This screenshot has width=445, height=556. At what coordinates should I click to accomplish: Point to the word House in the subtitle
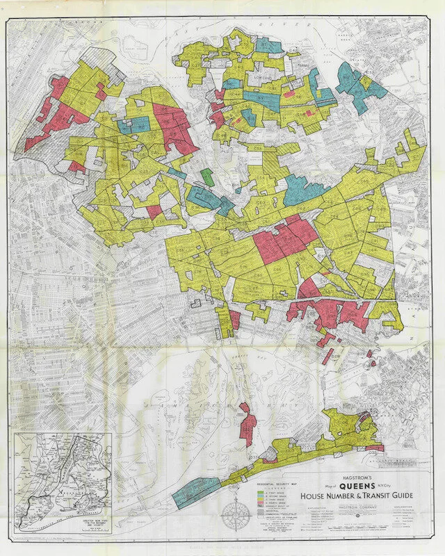pos(312,496)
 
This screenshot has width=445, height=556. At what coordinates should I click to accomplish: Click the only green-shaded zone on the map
pos(206,177)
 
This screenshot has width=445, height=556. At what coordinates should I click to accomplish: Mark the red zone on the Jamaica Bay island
pos(245,424)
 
